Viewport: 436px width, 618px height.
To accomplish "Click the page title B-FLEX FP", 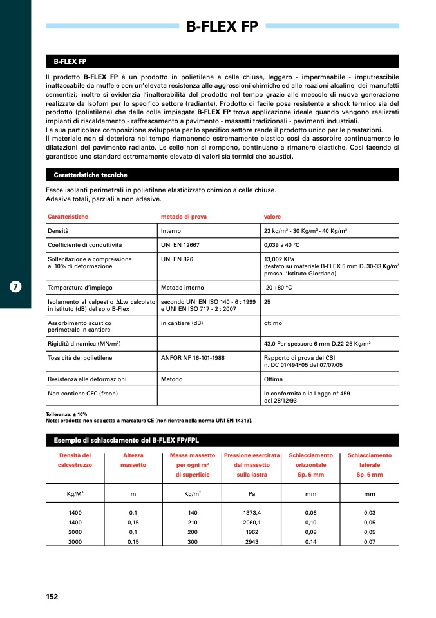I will (222, 26).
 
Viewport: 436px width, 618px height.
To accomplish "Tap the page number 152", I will (52, 597).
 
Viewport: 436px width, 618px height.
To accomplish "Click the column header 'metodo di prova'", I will (184, 217).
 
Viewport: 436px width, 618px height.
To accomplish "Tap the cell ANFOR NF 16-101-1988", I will (191, 357).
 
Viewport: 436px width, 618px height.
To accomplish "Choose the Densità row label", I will (58, 230).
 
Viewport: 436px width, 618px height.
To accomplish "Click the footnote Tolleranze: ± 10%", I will (66, 414).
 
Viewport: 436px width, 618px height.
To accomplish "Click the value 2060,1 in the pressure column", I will (252, 521).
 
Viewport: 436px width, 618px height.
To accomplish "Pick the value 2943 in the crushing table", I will (252, 542).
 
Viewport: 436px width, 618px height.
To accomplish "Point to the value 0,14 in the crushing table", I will (310, 542).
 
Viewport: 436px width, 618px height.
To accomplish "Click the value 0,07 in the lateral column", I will (370, 542).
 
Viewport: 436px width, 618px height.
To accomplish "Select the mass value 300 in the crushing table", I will (193, 542).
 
